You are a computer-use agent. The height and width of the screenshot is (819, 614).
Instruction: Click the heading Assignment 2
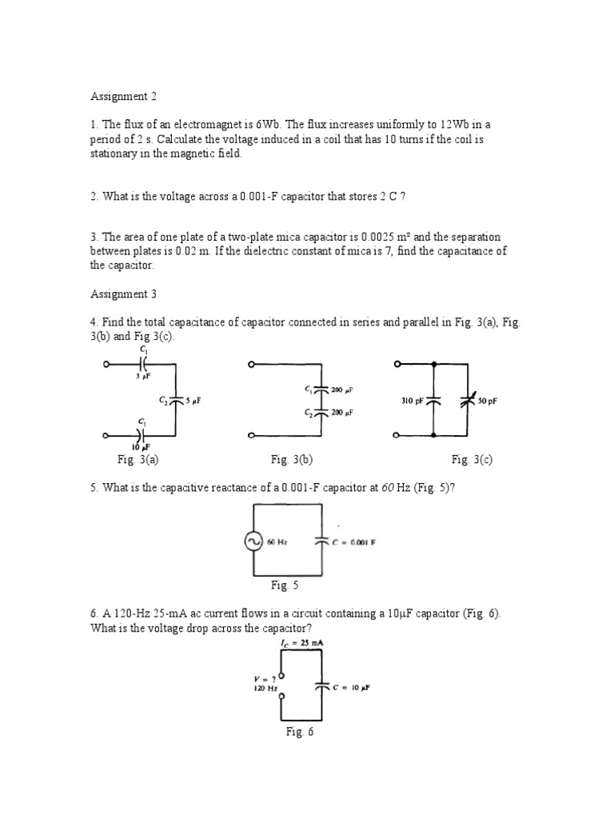pos(123,97)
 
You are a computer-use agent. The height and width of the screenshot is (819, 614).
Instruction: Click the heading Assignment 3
pos(123,294)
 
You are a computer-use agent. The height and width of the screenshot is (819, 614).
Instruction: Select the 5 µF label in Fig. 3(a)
pos(193,401)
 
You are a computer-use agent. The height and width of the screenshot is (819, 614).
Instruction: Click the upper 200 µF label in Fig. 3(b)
pos(342,390)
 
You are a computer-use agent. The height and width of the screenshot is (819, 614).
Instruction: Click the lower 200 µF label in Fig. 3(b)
pos(342,413)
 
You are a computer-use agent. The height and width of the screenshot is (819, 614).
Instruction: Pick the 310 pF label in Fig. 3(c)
pos(413,402)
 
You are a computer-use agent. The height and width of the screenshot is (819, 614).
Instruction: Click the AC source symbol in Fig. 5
pos(254,541)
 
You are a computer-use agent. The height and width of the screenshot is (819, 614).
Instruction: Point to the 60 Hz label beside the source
pos(277,541)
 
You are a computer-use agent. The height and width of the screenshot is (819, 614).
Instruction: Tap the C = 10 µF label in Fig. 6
pos(354,687)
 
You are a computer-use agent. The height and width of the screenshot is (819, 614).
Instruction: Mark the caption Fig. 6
pos(300,732)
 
